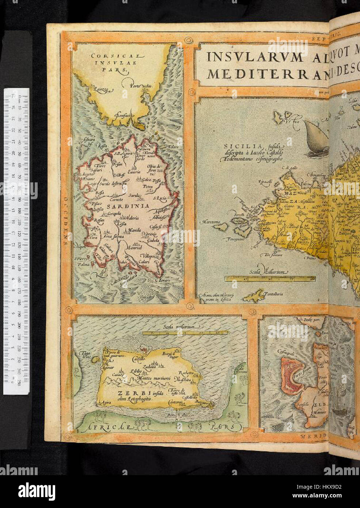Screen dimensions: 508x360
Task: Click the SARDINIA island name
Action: click(x=128, y=206)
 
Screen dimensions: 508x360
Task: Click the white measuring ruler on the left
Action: click(x=16, y=241)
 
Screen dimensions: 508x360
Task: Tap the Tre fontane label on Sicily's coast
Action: click(x=273, y=255)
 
